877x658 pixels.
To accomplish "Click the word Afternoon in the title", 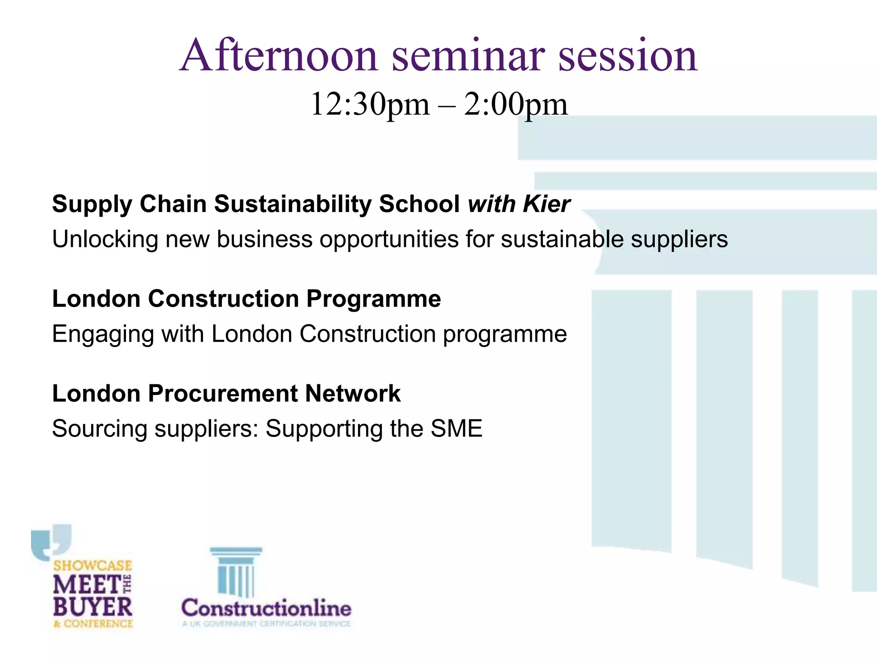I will [279, 56].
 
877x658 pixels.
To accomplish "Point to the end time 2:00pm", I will [516, 105].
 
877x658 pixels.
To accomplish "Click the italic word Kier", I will [546, 204].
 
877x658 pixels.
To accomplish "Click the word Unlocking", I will [105, 239].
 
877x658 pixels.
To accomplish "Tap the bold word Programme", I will [373, 299].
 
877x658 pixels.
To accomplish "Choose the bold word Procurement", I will [223, 394].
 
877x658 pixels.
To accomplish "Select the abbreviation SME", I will [456, 429].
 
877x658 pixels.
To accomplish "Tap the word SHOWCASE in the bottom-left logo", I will [92, 565].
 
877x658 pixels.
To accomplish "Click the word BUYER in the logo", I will [92, 607].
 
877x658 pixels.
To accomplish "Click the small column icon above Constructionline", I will [236, 571].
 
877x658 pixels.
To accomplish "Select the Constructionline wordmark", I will [266, 608].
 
